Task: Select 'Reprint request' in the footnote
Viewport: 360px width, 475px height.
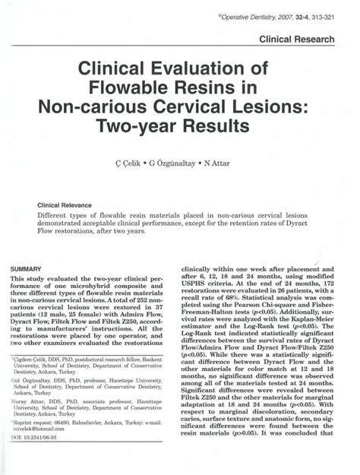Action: click(36, 442)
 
